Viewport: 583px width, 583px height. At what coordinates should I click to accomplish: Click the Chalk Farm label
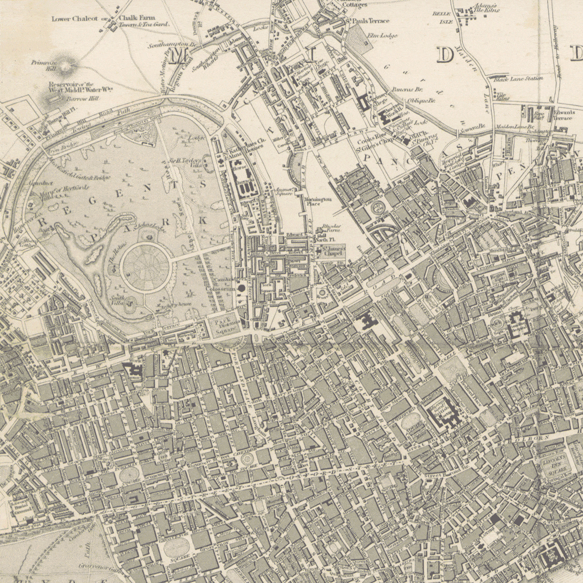[137, 18]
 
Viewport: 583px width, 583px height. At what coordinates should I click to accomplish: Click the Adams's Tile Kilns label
[487, 7]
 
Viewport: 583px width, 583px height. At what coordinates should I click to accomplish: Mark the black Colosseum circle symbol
[242, 288]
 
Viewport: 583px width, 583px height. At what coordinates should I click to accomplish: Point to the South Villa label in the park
[118, 300]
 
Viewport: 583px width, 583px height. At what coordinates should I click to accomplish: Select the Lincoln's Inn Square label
[554, 465]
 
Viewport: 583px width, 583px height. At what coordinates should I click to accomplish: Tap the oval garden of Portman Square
[129, 475]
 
